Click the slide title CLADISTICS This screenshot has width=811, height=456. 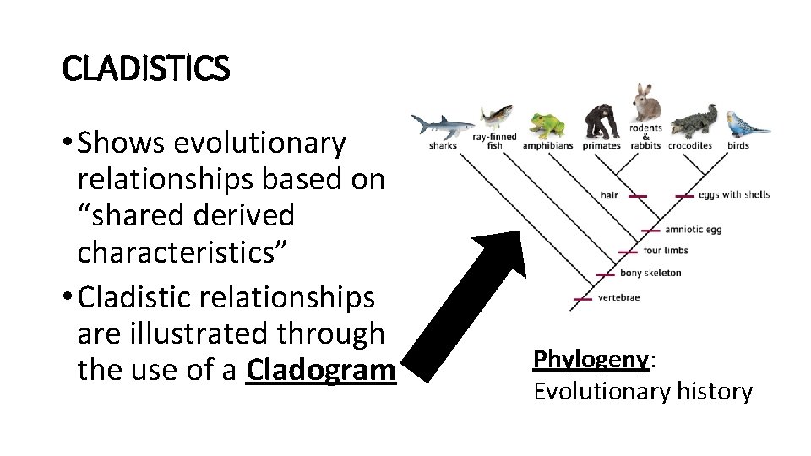tap(145, 68)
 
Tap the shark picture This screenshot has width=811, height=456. tap(441, 126)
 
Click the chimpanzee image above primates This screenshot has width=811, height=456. tap(601, 122)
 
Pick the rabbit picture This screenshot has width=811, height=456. tap(647, 102)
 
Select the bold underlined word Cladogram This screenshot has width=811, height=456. tap(320, 370)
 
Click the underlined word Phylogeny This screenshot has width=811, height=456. tap(591, 359)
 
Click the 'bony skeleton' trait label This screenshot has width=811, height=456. tap(650, 274)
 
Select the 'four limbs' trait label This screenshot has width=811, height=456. tap(665, 251)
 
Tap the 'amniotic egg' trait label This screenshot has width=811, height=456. tap(693, 230)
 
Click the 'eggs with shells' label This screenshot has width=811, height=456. tap(733, 195)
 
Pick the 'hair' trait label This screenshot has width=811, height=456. tap(608, 196)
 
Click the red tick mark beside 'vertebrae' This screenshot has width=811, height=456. tap(582, 298)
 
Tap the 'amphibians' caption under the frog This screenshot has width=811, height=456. tap(547, 146)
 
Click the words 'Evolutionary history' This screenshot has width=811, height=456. tap(642, 392)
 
